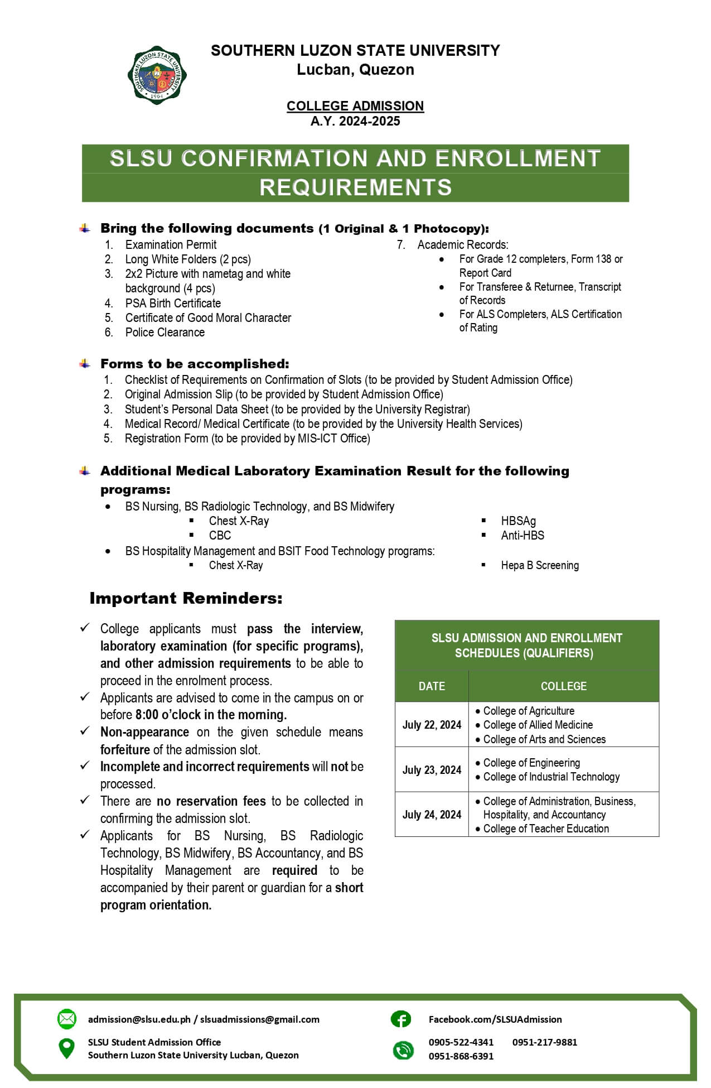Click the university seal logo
pyautogui.click(x=157, y=75)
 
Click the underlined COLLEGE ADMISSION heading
pyautogui.click(x=355, y=106)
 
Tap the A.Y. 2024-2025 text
pyautogui.click(x=355, y=121)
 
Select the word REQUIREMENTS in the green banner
pyautogui.click(x=355, y=187)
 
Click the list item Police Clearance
pyautogui.click(x=165, y=333)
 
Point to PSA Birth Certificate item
pyautogui.click(x=173, y=304)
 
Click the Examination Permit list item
pyautogui.click(x=171, y=245)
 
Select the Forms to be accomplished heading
pyautogui.click(x=195, y=364)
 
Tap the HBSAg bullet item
pyautogui.click(x=518, y=521)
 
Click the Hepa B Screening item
pyautogui.click(x=539, y=565)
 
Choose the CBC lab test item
pyautogui.click(x=220, y=536)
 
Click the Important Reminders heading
pyautogui.click(x=186, y=598)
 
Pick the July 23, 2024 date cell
pyautogui.click(x=432, y=770)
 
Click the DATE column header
pyautogui.click(x=432, y=686)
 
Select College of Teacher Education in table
pyautogui.click(x=545, y=829)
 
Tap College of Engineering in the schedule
pyautogui.click(x=531, y=763)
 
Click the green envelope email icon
pyautogui.click(x=67, y=1019)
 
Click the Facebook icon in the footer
pyautogui.click(x=400, y=1019)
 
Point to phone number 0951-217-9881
pyautogui.click(x=544, y=1042)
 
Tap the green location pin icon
pyautogui.click(x=66, y=1048)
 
